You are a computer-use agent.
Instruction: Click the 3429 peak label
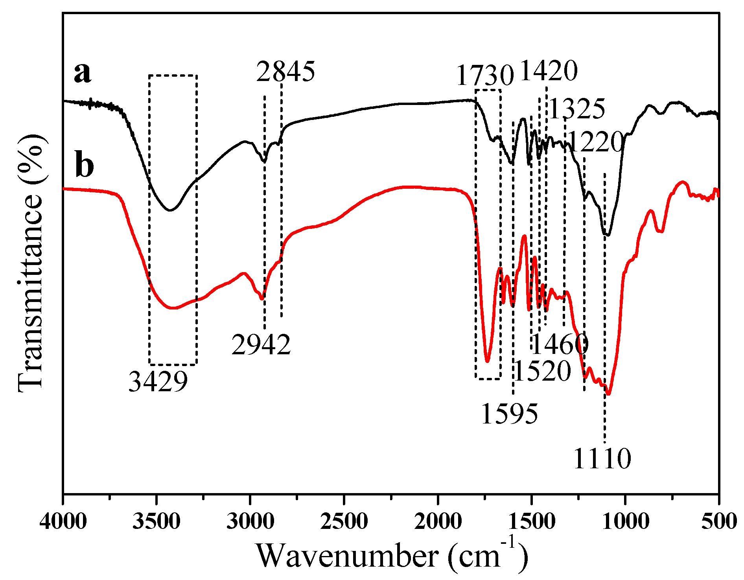(158, 381)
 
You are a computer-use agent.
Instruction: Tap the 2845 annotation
(285, 72)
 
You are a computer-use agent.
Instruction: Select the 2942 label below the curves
(261, 345)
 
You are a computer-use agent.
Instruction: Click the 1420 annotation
(549, 71)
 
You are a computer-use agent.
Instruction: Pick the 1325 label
(577, 109)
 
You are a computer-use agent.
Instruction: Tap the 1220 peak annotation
(596, 142)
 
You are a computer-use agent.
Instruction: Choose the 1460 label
(560, 345)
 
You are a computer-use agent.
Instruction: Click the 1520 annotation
(542, 371)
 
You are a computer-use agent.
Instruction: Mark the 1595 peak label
(509, 414)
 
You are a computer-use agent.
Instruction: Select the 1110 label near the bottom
(602, 458)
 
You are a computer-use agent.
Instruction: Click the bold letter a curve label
(83, 73)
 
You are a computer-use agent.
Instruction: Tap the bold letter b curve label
(84, 165)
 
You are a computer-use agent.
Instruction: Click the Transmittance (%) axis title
(30, 263)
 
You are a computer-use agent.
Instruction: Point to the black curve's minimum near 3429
(170, 210)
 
